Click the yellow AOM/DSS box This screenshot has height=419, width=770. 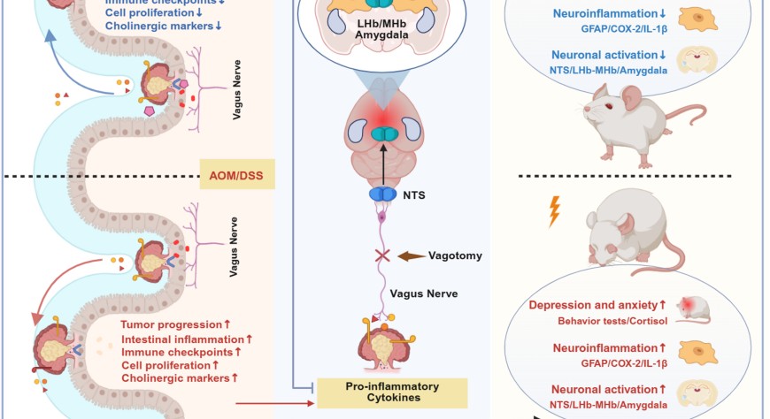point(239,174)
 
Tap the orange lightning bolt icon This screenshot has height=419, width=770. point(554,211)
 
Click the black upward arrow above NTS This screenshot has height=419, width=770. point(382,163)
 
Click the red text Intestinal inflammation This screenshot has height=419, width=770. point(182,339)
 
